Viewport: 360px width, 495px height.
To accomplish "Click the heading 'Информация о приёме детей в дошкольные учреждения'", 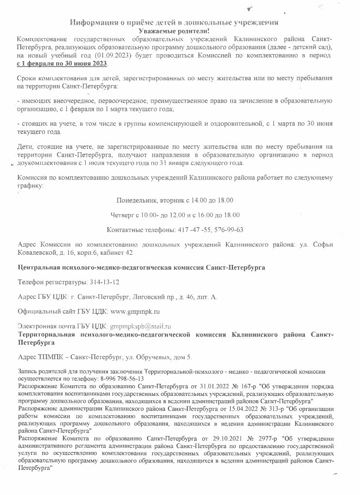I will tap(174, 22).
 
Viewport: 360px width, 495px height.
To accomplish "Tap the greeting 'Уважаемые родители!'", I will tap(174, 30).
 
